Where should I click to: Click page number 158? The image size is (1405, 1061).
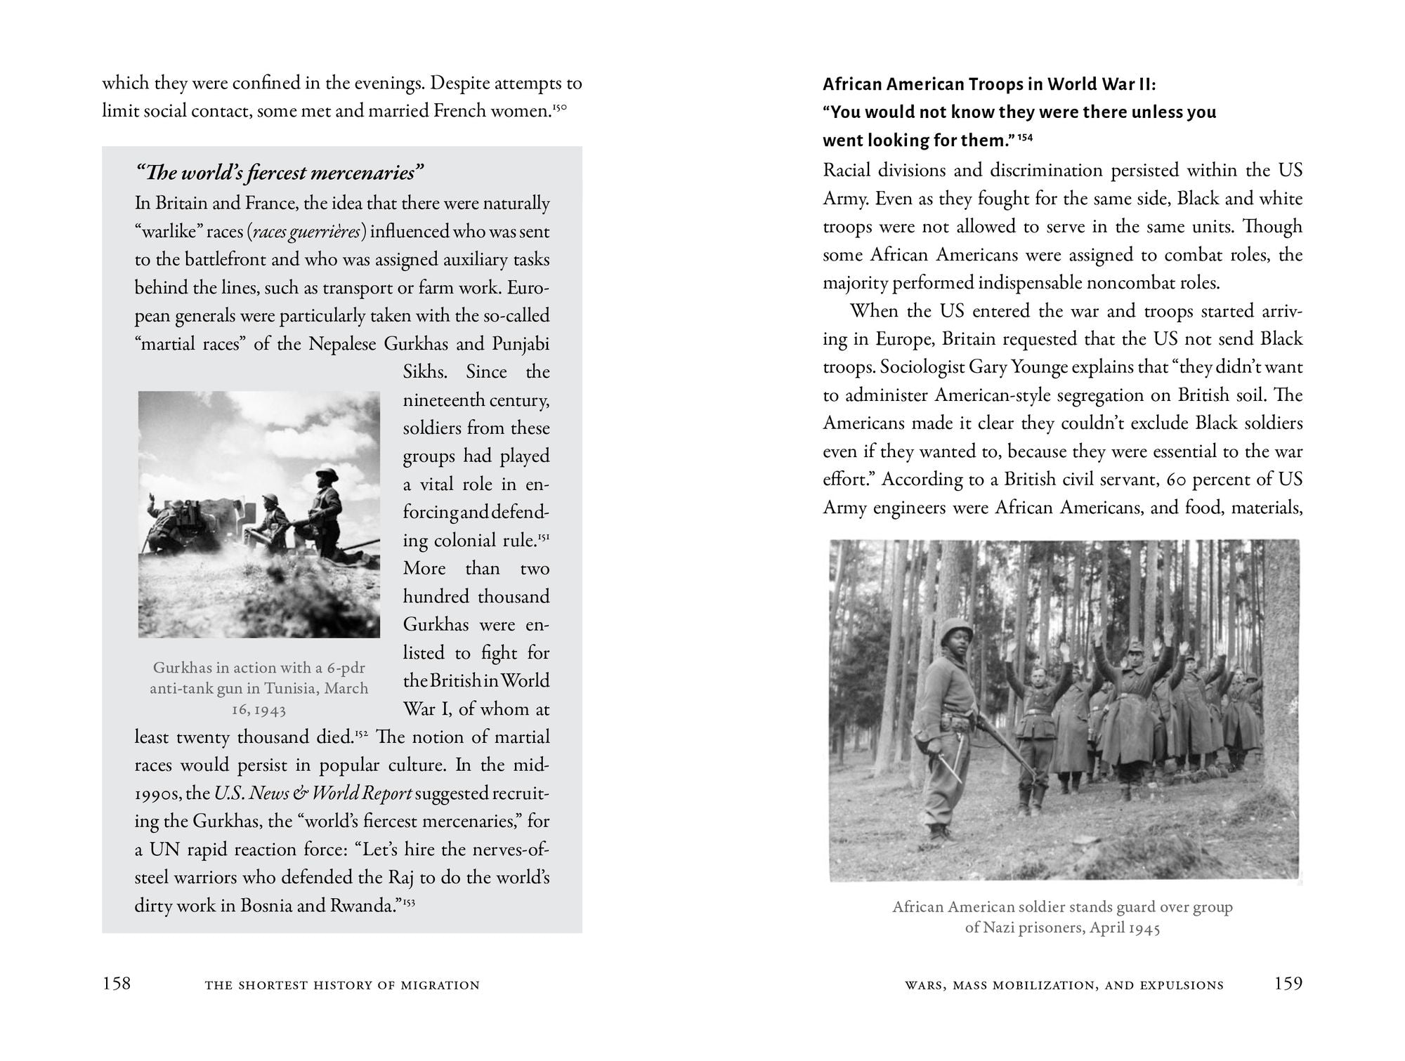[117, 983]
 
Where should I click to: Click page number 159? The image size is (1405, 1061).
[1288, 983]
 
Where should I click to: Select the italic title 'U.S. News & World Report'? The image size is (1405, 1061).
[313, 793]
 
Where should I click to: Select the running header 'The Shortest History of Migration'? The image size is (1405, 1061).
[342, 985]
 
